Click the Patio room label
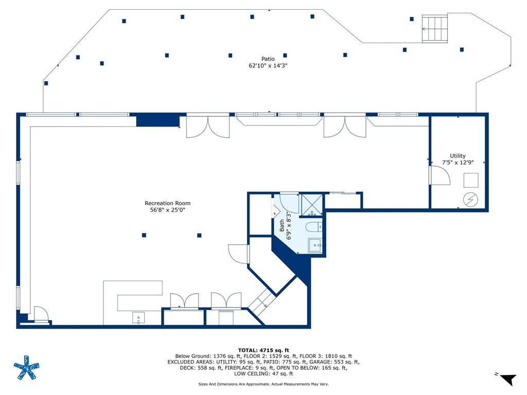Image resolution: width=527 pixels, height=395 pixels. (268, 59)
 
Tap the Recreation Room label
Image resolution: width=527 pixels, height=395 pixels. (167, 203)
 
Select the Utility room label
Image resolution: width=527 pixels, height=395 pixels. (458, 156)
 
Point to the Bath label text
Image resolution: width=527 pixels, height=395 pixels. (282, 225)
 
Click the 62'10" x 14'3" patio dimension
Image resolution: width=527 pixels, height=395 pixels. (268, 65)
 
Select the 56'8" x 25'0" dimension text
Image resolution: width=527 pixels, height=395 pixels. (167, 210)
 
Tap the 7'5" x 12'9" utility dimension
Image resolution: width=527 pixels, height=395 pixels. (458, 163)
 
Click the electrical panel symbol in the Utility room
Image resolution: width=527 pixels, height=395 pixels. (470, 200)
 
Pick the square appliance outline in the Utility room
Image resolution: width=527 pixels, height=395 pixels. (471, 180)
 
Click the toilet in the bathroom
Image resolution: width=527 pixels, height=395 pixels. (314, 227)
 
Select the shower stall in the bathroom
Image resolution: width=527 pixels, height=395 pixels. (312, 205)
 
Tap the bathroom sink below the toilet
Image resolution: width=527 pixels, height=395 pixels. (315, 245)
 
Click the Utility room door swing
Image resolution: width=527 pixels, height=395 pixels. (441, 176)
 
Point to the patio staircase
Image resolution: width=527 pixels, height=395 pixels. (435, 29)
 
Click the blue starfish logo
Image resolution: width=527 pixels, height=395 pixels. (27, 367)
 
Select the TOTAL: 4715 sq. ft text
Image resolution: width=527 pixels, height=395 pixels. (263, 350)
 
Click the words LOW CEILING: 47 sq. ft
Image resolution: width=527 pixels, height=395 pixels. (263, 373)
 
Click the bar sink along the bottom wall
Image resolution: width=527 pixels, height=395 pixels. (138, 318)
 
